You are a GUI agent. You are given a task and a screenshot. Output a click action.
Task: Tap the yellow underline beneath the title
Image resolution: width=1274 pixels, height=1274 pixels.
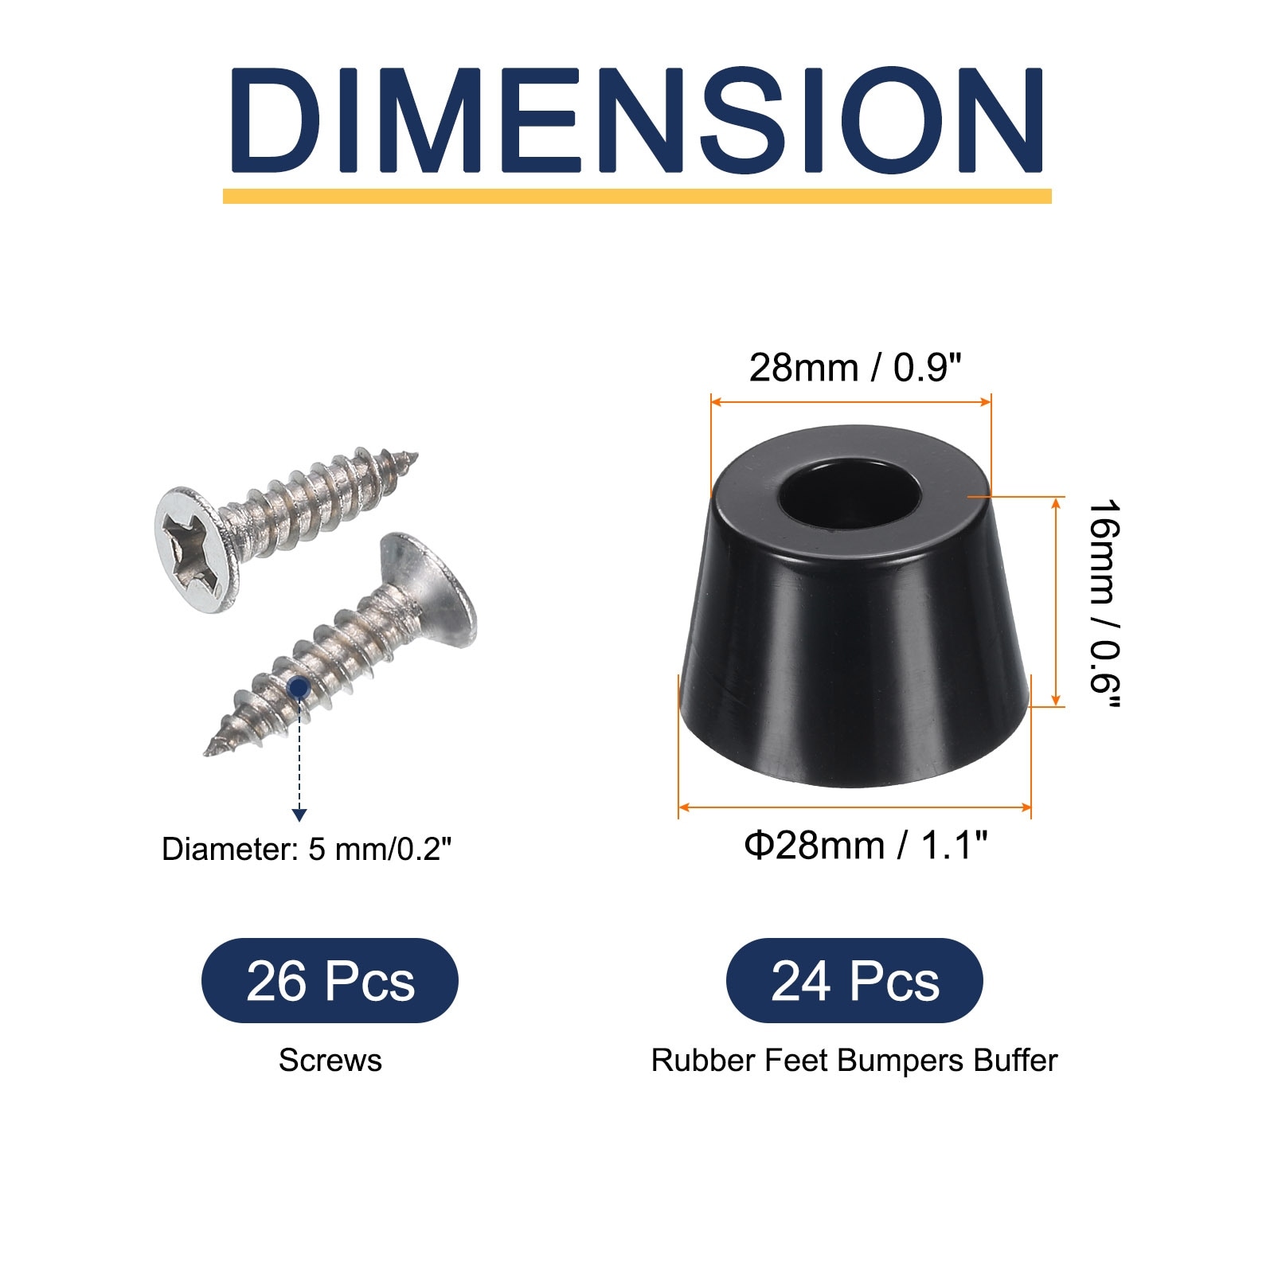(x=637, y=196)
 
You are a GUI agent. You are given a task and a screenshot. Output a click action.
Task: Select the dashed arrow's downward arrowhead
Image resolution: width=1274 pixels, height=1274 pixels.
(x=299, y=815)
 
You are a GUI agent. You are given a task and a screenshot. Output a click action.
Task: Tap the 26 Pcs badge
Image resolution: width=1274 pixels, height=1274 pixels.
(x=330, y=981)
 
